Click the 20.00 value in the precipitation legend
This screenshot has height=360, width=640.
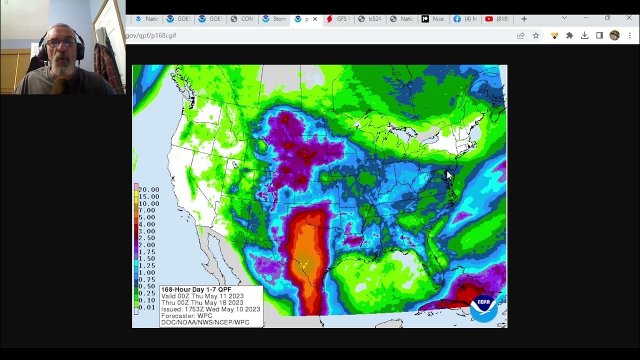148,189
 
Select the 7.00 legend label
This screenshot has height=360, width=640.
146,210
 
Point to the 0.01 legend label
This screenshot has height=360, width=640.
146,307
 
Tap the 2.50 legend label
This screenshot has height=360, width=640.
146,238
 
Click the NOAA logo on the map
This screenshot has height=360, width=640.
483,308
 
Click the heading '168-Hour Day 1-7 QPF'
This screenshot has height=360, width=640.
196,289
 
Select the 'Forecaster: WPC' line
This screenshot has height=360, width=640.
186,316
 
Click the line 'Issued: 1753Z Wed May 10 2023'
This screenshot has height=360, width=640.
210,309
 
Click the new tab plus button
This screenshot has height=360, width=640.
524,19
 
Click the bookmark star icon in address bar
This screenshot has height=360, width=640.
536,35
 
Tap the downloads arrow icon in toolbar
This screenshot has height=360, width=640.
584,35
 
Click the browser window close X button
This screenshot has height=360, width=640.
629,18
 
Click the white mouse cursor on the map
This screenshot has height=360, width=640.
448,175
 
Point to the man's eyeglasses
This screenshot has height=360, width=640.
61,43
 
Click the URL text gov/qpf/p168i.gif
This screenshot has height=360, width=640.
151,35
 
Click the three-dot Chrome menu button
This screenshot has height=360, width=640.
630,35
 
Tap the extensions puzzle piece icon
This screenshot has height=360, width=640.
569,35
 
